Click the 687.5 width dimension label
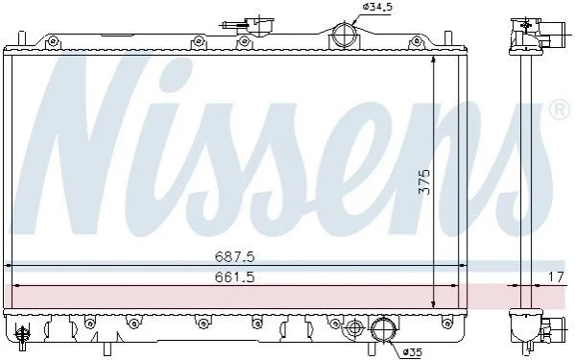[x=234, y=256]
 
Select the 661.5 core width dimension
[x=234, y=276]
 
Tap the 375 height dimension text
[x=424, y=181]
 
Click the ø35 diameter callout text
[x=412, y=352]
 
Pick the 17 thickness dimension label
[x=556, y=276]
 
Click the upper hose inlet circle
[x=344, y=36]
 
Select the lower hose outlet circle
[x=383, y=329]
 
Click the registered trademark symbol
[x=561, y=109]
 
